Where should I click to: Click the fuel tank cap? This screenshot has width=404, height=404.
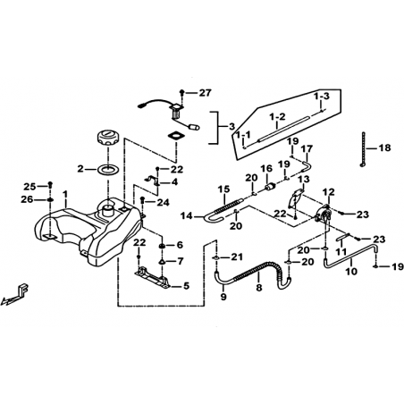108,137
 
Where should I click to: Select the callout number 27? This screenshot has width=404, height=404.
205,93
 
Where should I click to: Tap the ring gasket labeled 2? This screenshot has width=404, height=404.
108,170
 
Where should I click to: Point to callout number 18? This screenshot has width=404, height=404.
384,147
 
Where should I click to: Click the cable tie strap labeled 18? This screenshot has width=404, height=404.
363,149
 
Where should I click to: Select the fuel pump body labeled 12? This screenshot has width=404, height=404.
323,215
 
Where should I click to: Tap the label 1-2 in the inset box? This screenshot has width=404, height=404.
277,116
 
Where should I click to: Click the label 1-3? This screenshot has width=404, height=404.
321,97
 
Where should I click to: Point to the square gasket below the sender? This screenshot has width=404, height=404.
176,136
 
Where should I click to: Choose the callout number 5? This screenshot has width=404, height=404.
186,286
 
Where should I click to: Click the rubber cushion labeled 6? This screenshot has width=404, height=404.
163,246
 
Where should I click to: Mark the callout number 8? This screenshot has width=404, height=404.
259,288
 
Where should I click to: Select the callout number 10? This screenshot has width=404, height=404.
351,272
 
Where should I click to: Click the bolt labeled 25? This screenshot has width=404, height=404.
50,185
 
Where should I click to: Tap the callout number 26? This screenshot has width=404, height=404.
27,199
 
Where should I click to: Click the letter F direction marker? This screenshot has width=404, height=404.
23,289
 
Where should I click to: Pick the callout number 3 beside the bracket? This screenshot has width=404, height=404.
232,127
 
